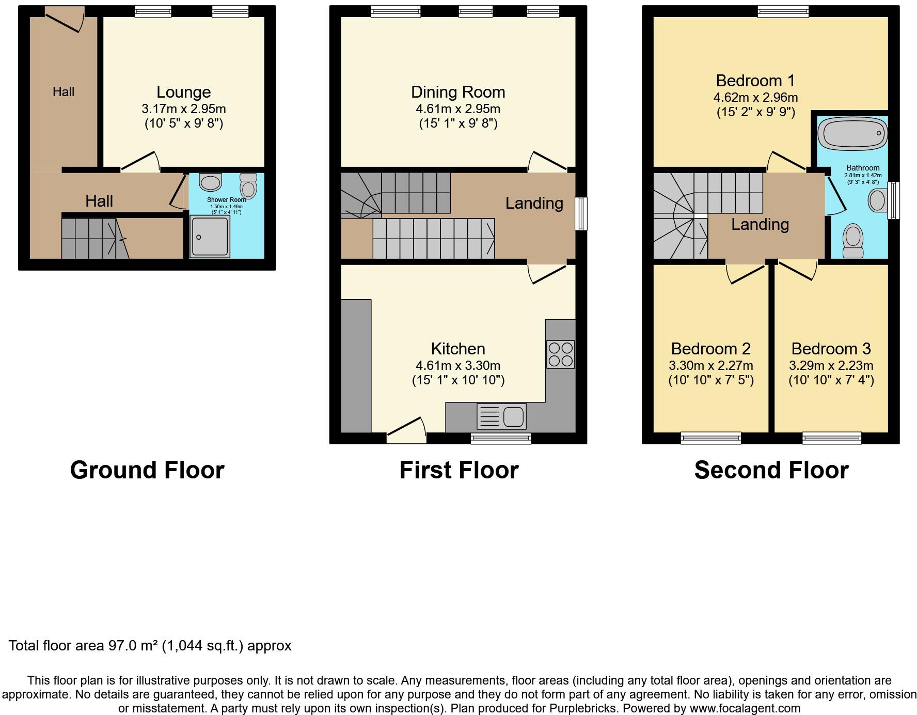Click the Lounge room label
coord(183,92)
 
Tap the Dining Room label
coord(458,92)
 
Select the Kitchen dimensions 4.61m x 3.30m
coord(458,366)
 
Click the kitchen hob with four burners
coord(560,354)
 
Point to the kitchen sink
coord(501,416)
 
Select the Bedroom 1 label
coord(755,81)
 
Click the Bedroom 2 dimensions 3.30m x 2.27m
coord(711,366)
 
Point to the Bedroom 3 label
coord(831,349)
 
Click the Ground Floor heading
coord(147,470)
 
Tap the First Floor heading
coord(459,470)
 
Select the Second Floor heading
coord(771,470)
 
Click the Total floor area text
coord(150,646)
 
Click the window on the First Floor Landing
coord(581,213)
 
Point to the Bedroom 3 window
coord(832,438)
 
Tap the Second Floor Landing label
coord(760,224)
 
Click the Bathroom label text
coord(863,168)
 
